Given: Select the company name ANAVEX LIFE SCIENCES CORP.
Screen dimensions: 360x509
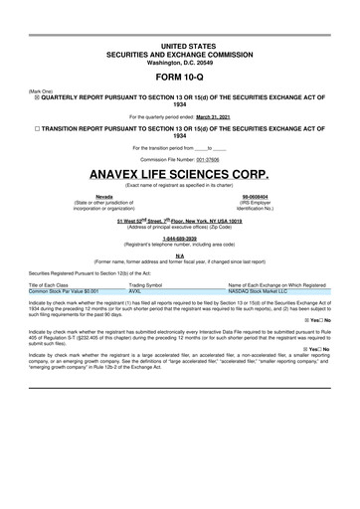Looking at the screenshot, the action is pyautogui.click(x=179, y=173).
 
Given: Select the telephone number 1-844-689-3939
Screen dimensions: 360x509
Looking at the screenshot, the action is pyautogui.click(x=179, y=239).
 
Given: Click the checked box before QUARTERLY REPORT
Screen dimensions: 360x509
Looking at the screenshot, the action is pyautogui.click(x=38, y=95).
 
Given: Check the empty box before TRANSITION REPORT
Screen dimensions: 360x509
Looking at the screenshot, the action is pyautogui.click(x=38, y=130).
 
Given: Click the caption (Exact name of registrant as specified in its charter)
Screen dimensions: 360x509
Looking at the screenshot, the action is pyautogui.click(x=179, y=185).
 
